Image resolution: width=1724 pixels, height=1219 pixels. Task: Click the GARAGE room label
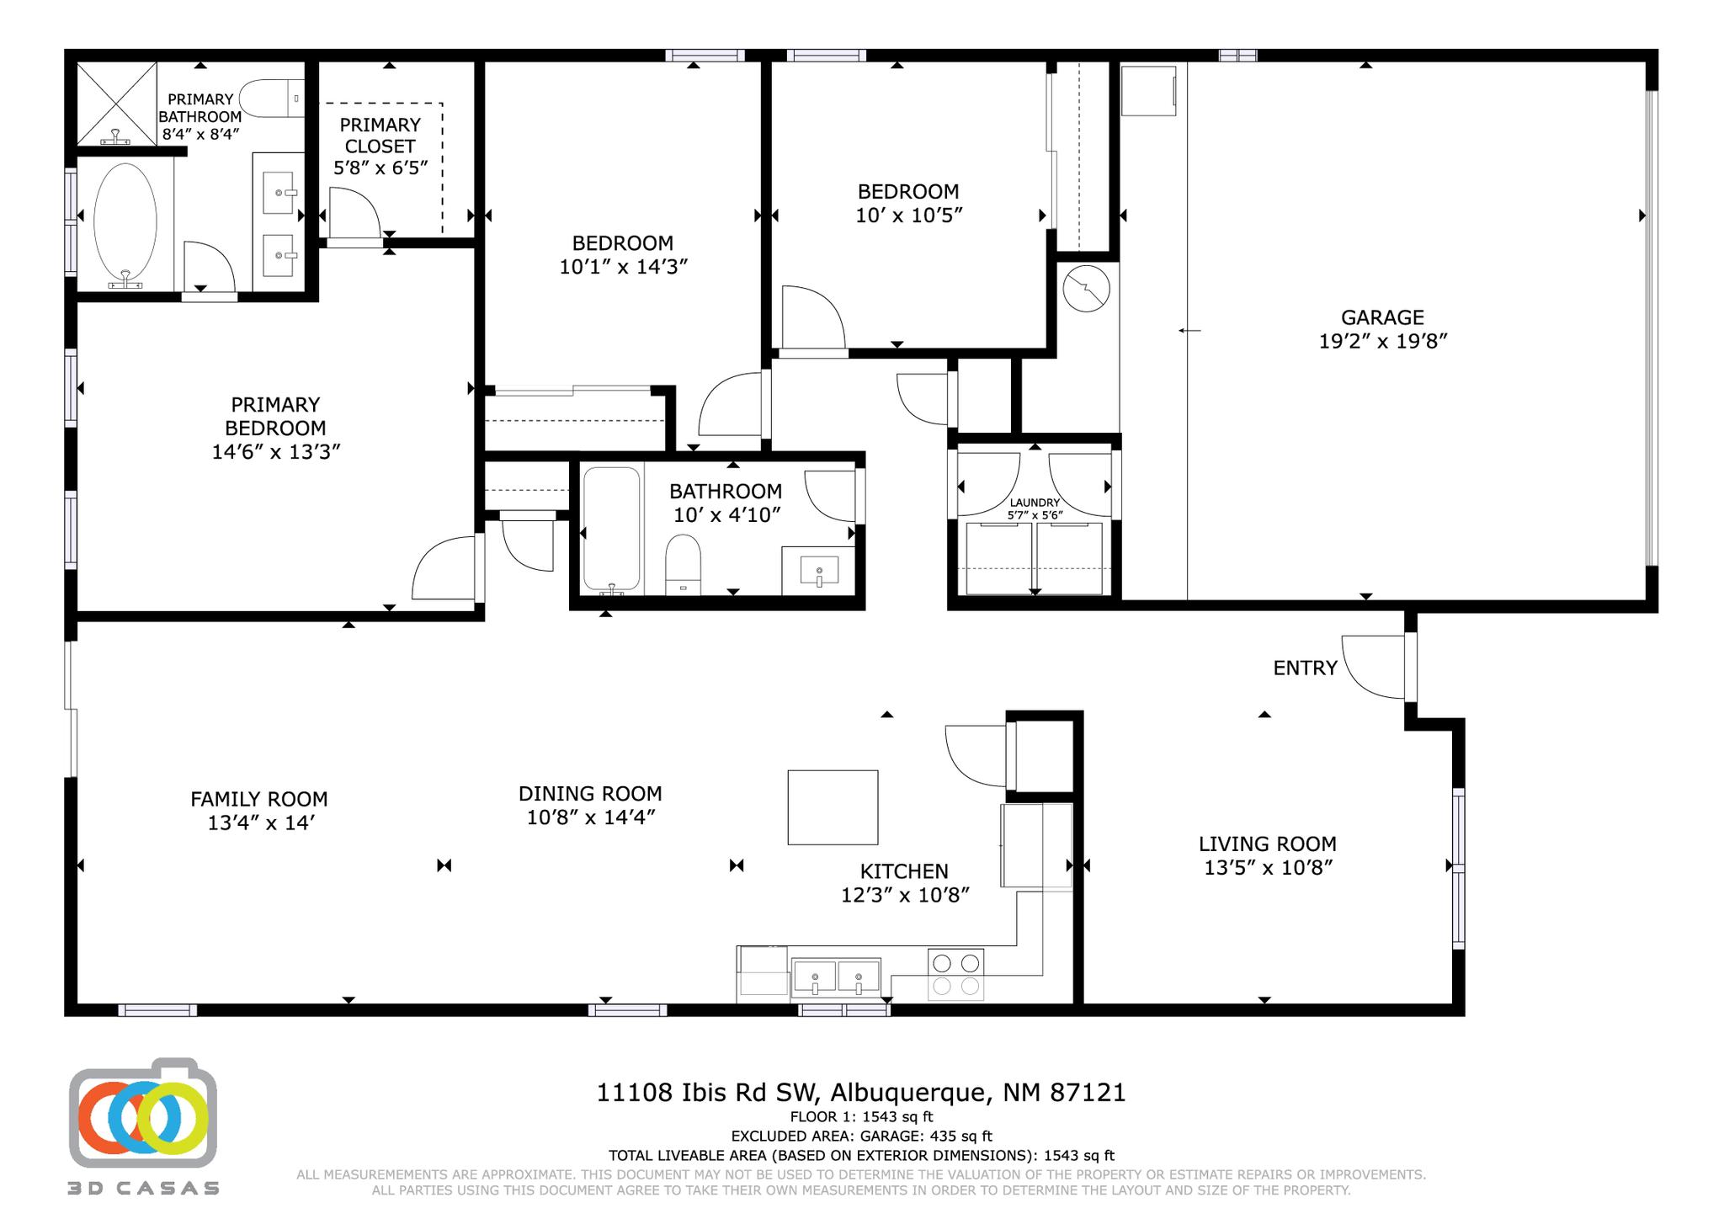(x=1382, y=317)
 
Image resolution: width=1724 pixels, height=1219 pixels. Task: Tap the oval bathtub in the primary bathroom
(x=125, y=222)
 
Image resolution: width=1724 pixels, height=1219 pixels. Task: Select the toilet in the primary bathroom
(x=271, y=99)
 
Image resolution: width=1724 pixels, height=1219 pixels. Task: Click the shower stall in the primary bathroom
(x=117, y=103)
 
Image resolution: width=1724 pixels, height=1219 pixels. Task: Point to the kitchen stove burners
(x=955, y=974)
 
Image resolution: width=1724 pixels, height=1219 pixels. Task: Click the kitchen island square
(x=833, y=807)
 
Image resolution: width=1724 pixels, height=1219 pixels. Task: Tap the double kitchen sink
(x=836, y=978)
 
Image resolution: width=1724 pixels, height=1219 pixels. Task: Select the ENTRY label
(x=1305, y=668)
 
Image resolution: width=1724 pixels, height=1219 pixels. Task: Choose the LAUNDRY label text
(x=1035, y=503)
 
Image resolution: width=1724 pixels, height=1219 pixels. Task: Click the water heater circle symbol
(x=1086, y=288)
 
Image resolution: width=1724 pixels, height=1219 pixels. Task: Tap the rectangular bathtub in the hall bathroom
(x=612, y=530)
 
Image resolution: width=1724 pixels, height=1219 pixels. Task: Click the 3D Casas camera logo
(x=142, y=1113)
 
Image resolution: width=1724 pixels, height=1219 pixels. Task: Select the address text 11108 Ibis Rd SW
(x=706, y=1093)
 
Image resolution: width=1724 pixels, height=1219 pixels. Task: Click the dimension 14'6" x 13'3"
(x=275, y=452)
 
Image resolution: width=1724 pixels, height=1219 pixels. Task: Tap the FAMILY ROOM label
(x=258, y=799)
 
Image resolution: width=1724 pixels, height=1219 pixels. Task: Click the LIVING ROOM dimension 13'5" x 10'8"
(x=1268, y=867)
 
